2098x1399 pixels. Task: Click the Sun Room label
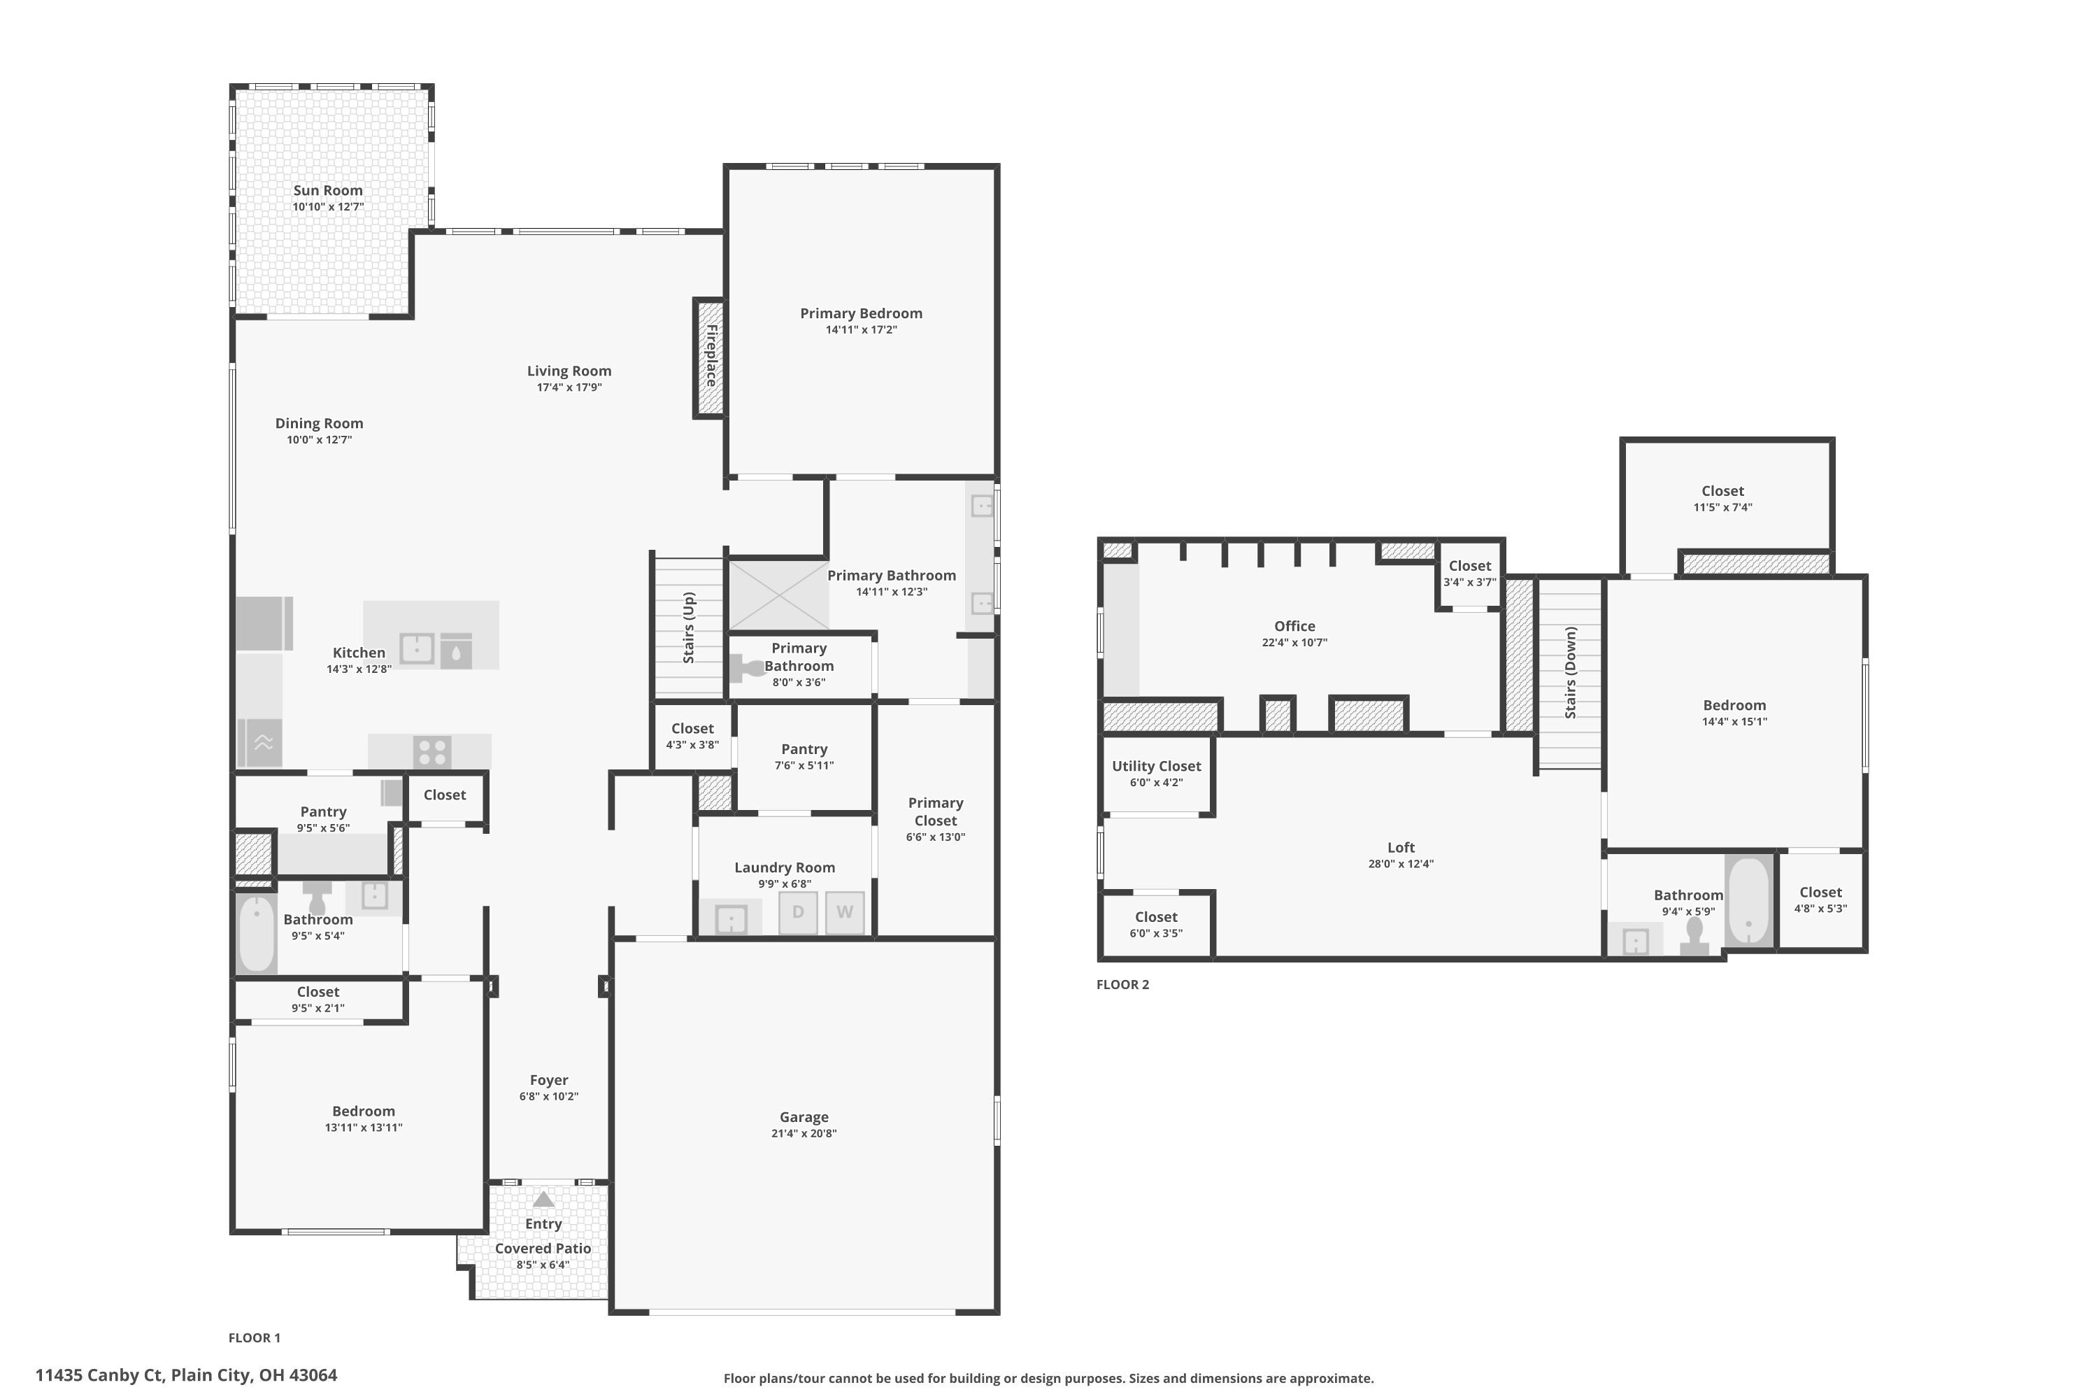[327, 190]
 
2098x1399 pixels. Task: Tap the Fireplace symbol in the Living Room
[710, 357]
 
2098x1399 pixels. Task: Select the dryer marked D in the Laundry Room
[797, 912]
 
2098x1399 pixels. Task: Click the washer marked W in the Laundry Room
[845, 912]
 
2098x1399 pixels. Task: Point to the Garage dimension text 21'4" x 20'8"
[804, 1133]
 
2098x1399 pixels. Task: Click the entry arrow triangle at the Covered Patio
[543, 1199]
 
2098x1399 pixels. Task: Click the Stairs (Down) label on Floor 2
[1571, 672]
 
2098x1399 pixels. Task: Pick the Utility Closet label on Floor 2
[1156, 765]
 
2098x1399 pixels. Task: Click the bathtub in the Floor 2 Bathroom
[1748, 901]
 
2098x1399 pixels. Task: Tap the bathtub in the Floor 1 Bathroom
[257, 934]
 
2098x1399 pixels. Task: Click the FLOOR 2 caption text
[1122, 984]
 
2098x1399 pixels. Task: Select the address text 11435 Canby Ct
[185, 1375]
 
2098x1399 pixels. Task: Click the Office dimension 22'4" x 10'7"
[1294, 642]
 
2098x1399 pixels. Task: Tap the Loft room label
[1401, 846]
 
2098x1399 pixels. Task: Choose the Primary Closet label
[935, 811]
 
